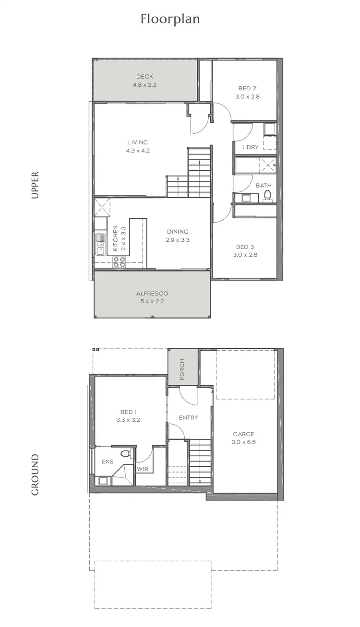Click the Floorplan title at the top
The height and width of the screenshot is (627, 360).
[x=170, y=19]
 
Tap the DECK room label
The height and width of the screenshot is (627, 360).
[x=144, y=77]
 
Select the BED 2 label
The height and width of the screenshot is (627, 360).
[x=247, y=88]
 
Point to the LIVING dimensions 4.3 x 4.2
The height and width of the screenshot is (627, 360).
[x=138, y=150]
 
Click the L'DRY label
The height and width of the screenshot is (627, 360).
[x=250, y=147]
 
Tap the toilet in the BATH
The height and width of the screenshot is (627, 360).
[x=267, y=195]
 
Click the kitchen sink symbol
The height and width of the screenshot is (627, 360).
[x=100, y=244]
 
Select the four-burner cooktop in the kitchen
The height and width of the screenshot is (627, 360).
[x=119, y=261]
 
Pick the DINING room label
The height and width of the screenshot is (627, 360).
[x=178, y=232]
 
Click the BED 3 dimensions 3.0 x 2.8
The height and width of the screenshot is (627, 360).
[x=245, y=255]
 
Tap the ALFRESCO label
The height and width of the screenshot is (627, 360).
[x=152, y=294]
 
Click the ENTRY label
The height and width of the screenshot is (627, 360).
[x=188, y=418]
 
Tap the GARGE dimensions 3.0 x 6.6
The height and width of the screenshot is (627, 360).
[x=244, y=442]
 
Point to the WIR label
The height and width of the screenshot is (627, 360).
[x=142, y=469]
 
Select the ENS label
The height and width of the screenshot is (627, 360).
[x=107, y=462]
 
